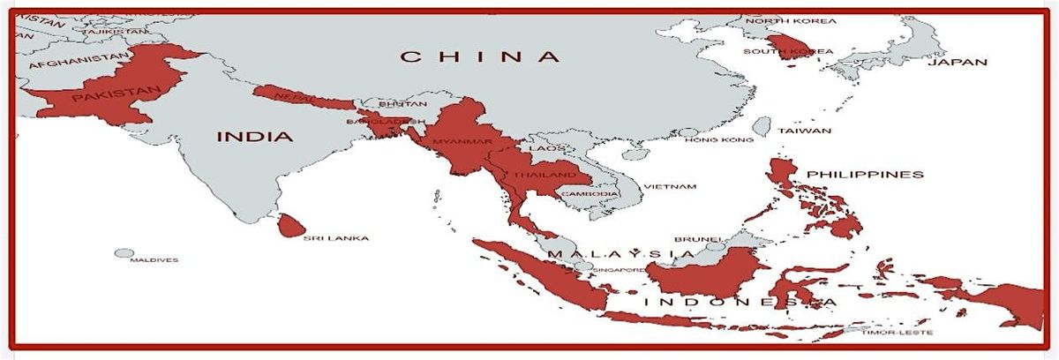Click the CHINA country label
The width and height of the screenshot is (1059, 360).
480,57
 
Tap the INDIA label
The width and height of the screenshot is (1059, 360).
255,137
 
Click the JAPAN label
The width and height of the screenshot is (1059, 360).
956,62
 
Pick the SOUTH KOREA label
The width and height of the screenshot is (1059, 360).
787,52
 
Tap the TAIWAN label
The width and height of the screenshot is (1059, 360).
804,131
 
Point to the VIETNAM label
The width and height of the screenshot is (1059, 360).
670,186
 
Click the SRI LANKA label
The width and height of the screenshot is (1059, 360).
335,238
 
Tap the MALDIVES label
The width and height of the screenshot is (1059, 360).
154,260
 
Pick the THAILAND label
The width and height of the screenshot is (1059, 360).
537,176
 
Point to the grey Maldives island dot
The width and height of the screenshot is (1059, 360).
124,253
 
